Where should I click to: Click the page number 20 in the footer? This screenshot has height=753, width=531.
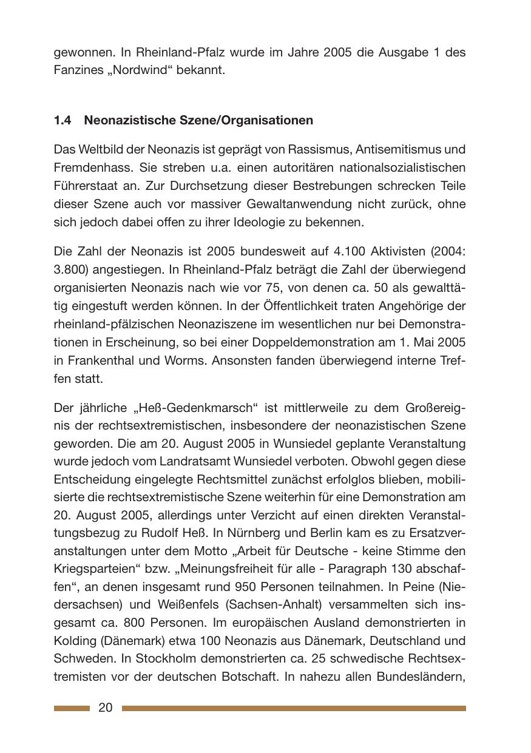pyautogui.click(x=105, y=707)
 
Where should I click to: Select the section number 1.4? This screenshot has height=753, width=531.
pyautogui.click(x=62, y=120)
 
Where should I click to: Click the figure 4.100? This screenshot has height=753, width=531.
pyautogui.click(x=332, y=251)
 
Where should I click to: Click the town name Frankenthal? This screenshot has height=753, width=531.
pyautogui.click(x=98, y=360)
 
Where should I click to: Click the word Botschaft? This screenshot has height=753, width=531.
pyautogui.click(x=250, y=677)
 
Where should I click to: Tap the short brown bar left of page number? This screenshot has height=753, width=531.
pyautogui.click(x=72, y=708)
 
